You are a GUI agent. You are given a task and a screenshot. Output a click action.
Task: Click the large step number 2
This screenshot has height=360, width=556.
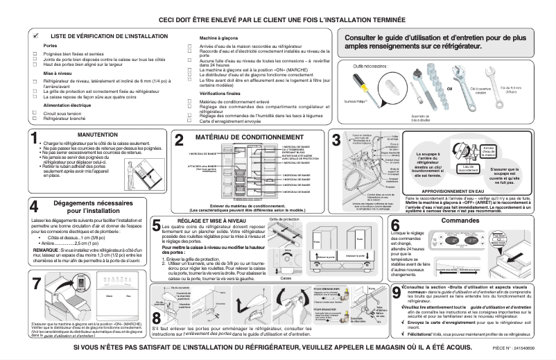tap(179, 139)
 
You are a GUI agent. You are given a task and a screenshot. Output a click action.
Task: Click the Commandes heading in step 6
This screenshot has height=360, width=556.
tap(460, 220)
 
